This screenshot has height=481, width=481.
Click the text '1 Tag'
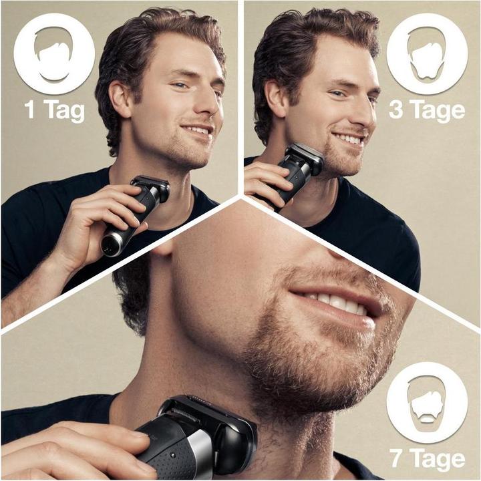pos(55,109)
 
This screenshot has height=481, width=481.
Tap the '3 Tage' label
pos(427,109)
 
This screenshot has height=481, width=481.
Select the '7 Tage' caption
pos(427,460)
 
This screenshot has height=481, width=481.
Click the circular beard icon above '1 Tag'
pos(54,53)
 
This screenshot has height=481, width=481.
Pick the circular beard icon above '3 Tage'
pos(427,53)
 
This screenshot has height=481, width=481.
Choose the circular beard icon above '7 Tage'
pos(427,402)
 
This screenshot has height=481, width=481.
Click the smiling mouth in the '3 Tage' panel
pos(349,139)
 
